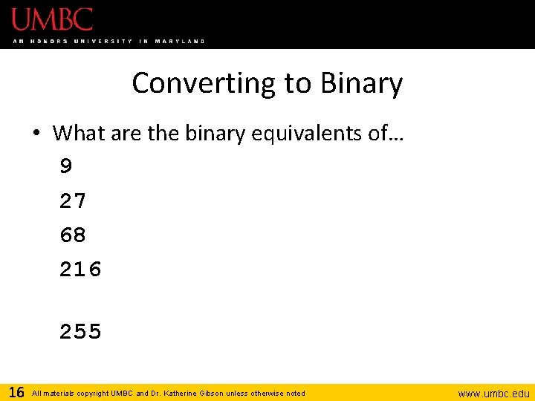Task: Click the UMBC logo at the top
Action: pos(53,19)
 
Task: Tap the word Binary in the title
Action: pos(362,83)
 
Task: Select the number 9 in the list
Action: pos(66,166)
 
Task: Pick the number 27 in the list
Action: pos(73,200)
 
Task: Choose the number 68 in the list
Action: pos(73,235)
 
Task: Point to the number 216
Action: pos(80,270)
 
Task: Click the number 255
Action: pos(80,332)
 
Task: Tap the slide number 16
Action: pos(16,392)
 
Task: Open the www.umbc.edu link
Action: pos(493,394)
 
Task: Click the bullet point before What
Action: pos(36,134)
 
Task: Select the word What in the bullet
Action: pos(80,133)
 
